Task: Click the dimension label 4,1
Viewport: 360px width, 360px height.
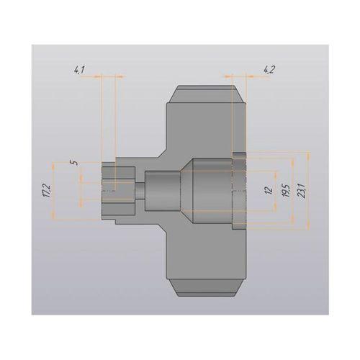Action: (x=79, y=71)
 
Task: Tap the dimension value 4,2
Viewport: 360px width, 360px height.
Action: (x=269, y=71)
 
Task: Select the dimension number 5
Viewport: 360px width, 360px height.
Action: (x=75, y=163)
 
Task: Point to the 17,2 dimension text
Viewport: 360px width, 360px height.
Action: (x=48, y=191)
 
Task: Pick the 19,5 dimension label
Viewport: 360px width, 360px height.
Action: (x=287, y=191)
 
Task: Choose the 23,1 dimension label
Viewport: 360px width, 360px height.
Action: (x=301, y=191)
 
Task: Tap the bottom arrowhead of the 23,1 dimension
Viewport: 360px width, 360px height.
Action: (x=308, y=227)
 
